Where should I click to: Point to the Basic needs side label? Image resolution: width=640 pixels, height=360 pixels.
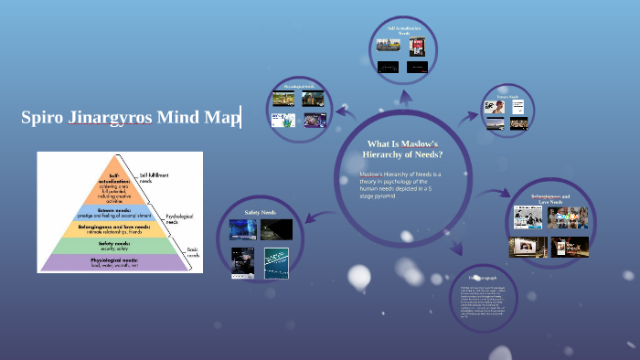[193, 252]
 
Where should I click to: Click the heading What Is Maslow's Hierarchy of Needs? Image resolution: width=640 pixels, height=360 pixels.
[403, 149]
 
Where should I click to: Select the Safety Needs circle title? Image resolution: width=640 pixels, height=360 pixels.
[260, 212]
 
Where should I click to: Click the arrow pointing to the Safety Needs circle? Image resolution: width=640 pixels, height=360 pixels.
[315, 214]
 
